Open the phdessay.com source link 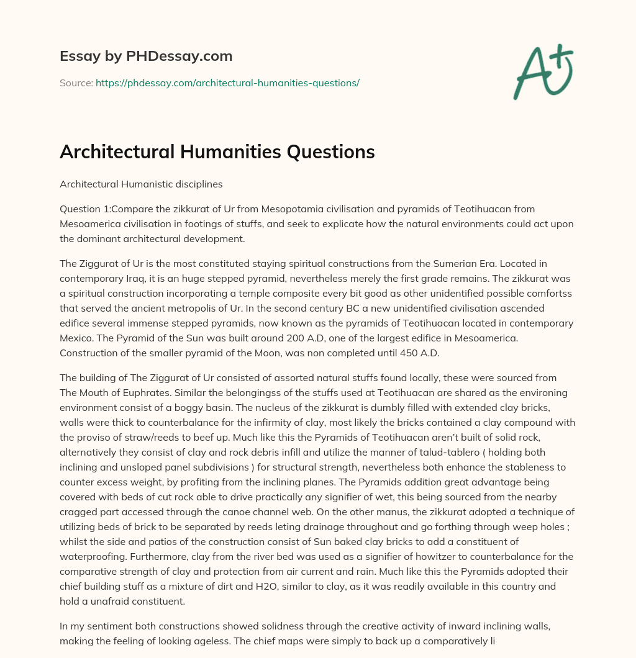click(x=227, y=83)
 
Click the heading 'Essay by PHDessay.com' click(x=146, y=56)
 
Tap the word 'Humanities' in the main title click(x=221, y=152)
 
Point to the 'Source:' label click(x=76, y=83)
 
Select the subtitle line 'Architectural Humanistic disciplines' click(x=141, y=184)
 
